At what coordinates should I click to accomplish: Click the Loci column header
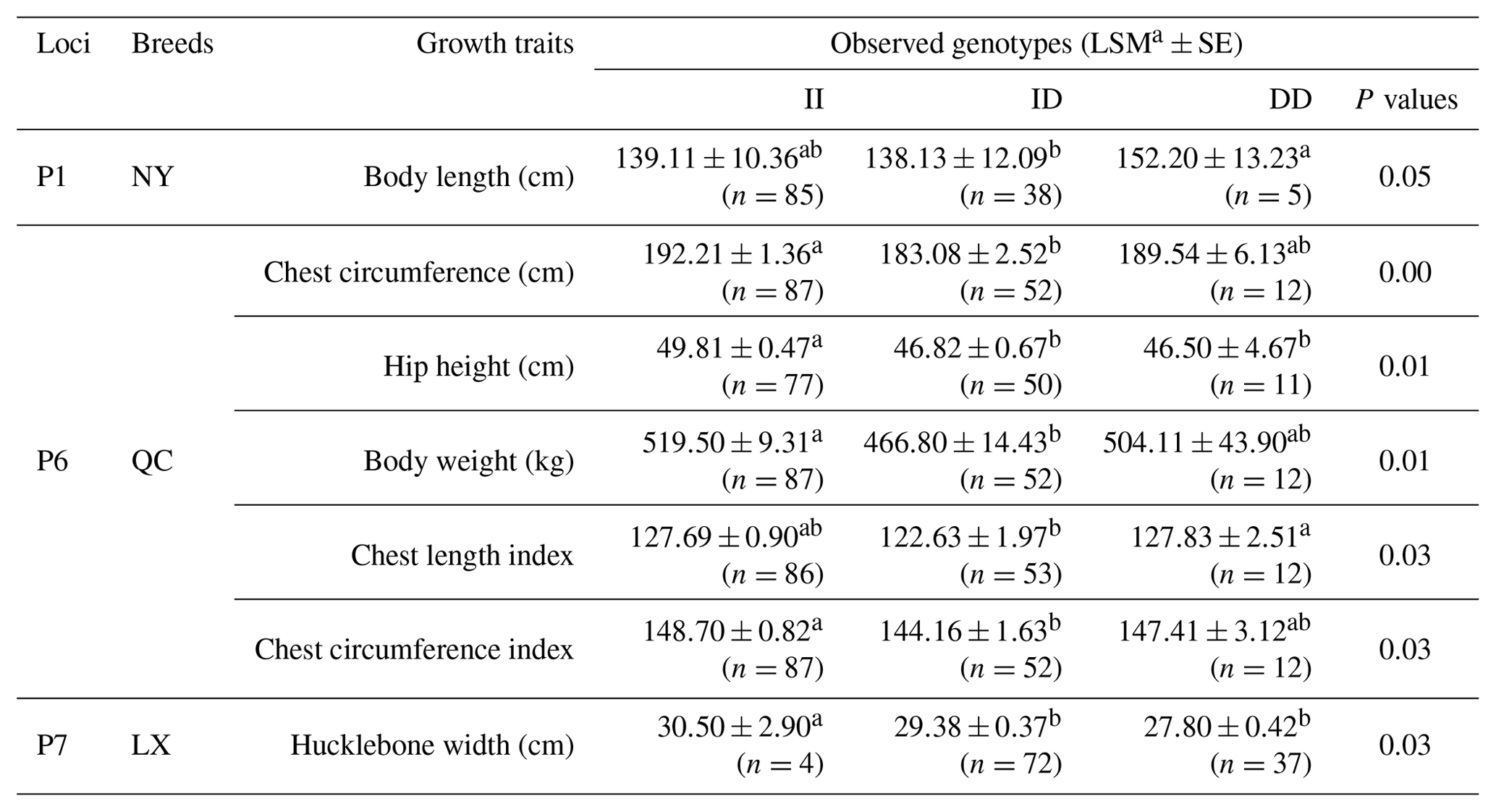tap(64, 44)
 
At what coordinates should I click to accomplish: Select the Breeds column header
tap(172, 44)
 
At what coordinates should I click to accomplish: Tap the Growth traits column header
tap(494, 44)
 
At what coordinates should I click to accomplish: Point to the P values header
tap(1406, 100)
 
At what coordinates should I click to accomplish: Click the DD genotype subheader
tap(1290, 100)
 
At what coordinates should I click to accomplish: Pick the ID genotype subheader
tap(1046, 100)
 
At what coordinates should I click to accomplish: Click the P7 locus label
tap(52, 745)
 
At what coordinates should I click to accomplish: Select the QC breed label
tap(152, 461)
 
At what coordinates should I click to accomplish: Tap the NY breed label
tap(152, 177)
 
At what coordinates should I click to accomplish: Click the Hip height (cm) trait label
tap(478, 366)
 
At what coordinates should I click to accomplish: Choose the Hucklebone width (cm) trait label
tap(432, 745)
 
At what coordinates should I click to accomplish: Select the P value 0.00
tap(1404, 273)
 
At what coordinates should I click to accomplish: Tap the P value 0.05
tap(1404, 177)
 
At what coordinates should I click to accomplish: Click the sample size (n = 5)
tap(1268, 195)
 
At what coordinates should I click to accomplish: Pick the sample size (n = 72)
tap(1010, 764)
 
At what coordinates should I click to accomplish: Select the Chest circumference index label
tap(413, 650)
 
